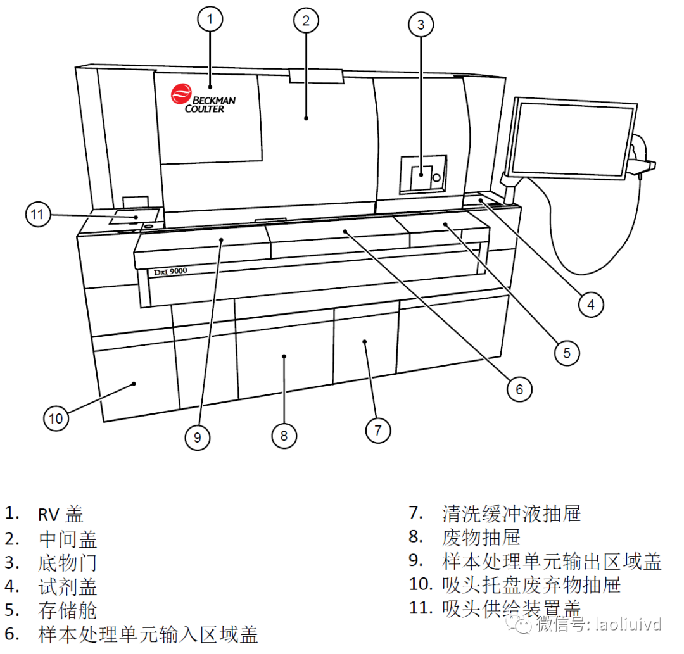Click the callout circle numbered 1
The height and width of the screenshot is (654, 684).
[211, 20]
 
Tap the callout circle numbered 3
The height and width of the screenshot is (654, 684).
[421, 25]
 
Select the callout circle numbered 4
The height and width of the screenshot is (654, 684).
[590, 305]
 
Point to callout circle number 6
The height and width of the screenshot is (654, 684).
[519, 389]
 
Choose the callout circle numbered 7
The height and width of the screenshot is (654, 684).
[378, 430]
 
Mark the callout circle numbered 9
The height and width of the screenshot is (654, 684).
[198, 437]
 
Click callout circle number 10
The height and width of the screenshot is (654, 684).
[56, 418]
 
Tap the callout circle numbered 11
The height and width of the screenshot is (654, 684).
[37, 215]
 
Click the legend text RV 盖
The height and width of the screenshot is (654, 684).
[61, 514]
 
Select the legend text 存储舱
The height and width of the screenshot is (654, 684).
[68, 610]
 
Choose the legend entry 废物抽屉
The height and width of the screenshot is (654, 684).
[481, 537]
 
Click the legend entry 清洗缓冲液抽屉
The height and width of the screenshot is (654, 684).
[511, 513]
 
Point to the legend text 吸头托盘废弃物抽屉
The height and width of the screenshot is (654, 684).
[531, 584]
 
